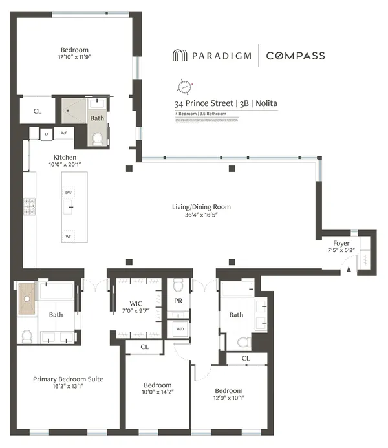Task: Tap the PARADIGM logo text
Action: [x=218, y=56]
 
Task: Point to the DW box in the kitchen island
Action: [x=68, y=193]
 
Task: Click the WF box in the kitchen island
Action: [x=68, y=237]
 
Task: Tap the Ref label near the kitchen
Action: [x=64, y=134]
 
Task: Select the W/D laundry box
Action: [x=179, y=329]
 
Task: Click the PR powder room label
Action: [x=178, y=300]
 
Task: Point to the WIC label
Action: [x=135, y=304]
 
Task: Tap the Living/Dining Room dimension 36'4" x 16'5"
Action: [x=200, y=216]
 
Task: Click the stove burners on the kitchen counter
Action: [x=29, y=206]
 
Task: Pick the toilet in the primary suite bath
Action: [x=27, y=336]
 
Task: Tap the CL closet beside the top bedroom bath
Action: [x=37, y=111]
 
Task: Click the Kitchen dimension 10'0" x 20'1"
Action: [x=65, y=166]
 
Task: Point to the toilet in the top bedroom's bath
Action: [x=96, y=138]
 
